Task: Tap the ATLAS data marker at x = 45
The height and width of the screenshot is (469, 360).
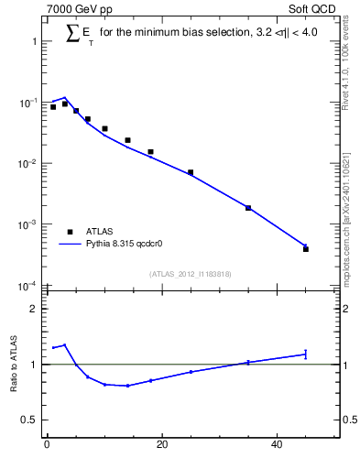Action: (306, 249)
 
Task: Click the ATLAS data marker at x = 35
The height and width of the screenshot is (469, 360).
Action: (248, 208)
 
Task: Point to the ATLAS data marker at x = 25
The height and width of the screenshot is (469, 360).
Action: (191, 172)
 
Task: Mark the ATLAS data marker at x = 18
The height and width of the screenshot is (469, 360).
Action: (150, 152)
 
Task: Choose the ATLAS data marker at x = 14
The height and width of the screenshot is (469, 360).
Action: (127, 140)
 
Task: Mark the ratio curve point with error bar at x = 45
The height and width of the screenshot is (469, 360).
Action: (306, 354)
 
